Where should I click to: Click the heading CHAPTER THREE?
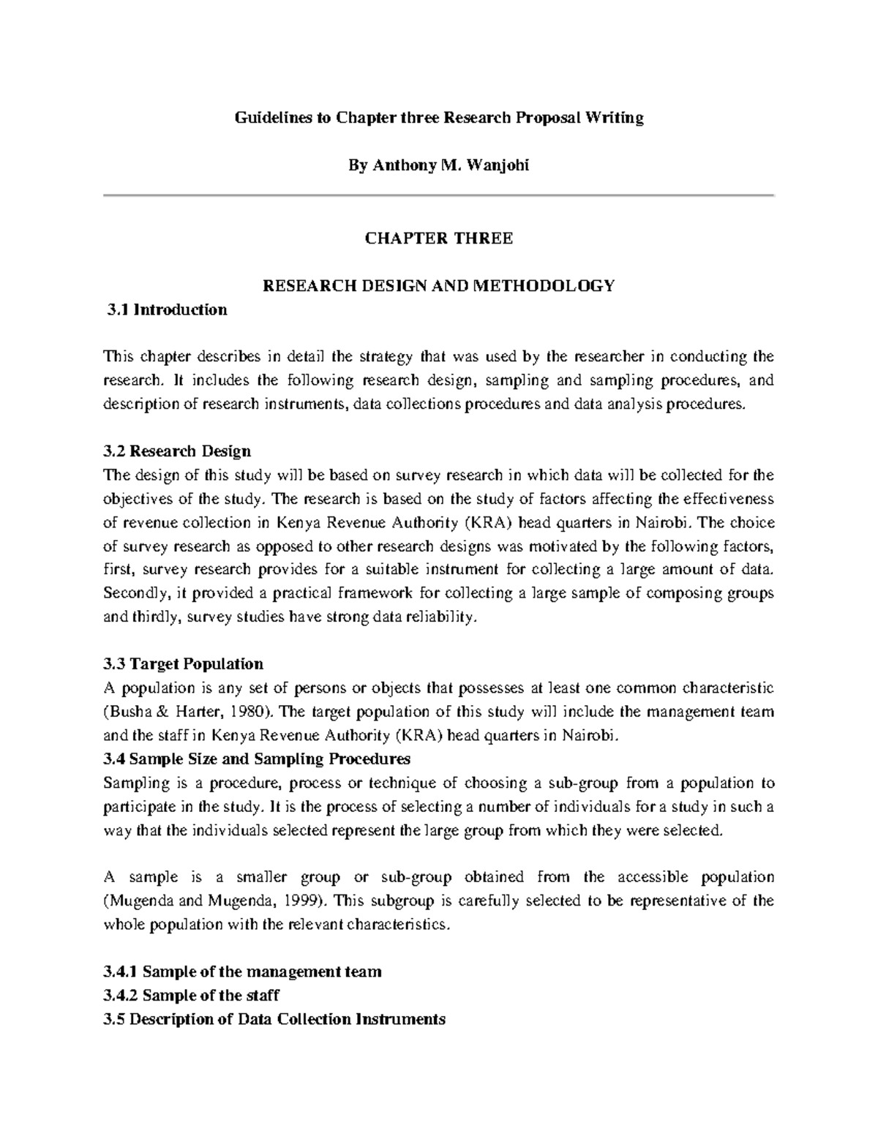[x=438, y=238]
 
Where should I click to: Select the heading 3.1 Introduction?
[x=166, y=310]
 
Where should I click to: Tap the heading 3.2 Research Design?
[x=178, y=451]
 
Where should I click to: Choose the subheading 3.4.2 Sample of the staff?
[x=192, y=996]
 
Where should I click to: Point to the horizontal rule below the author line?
[x=438, y=195]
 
